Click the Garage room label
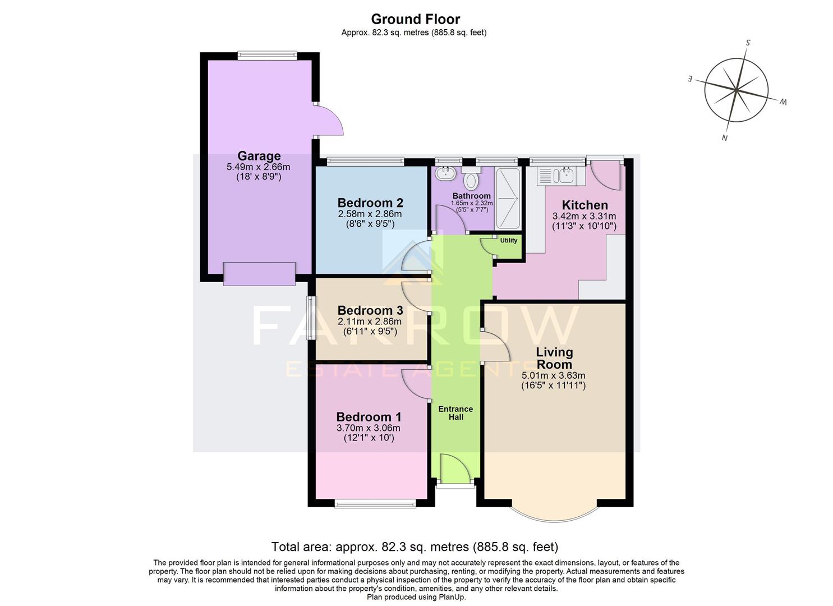[259, 156]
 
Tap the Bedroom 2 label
[370, 203]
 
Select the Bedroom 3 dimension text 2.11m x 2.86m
[370, 322]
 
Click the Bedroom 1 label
[369, 417]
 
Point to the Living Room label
[554, 358]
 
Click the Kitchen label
[585, 205]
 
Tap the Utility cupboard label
[509, 241]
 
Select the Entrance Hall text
[455, 413]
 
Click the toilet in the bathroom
[471, 180]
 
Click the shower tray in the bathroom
[508, 198]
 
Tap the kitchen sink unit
[555, 176]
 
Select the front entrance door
[455, 470]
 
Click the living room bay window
[554, 511]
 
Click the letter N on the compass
[724, 138]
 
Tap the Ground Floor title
[416, 19]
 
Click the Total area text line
[415, 547]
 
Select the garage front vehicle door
[259, 274]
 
